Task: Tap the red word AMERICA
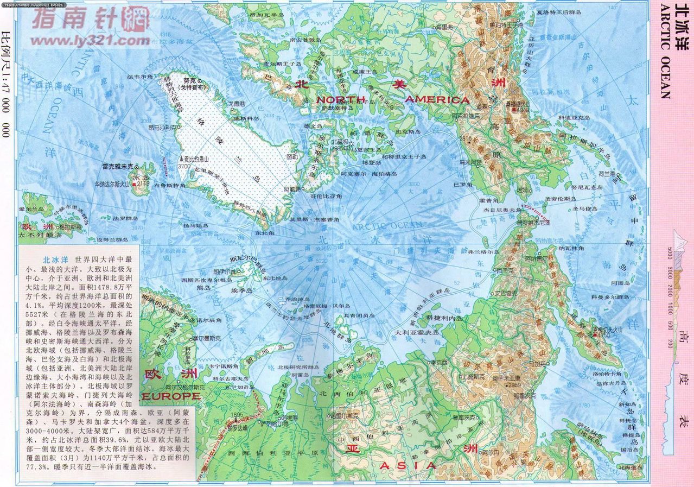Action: pos(437,99)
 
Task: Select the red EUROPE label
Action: pos(171,397)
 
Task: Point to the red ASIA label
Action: pos(408,465)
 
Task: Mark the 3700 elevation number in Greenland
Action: pos(183,166)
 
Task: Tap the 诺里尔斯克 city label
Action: pos(344,415)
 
